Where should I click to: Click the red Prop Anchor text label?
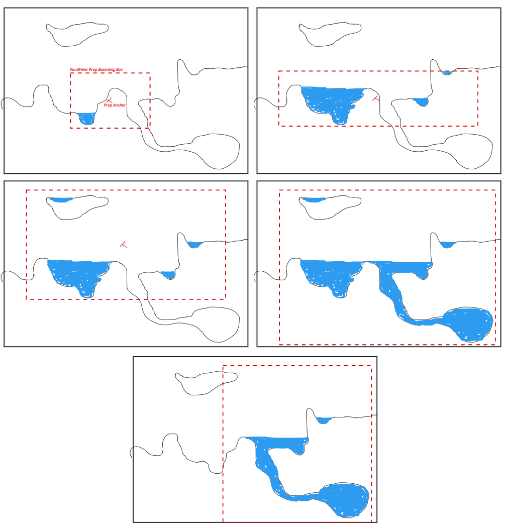click(115, 105)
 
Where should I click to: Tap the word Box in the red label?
click(119, 69)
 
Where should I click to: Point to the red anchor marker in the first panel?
click(109, 100)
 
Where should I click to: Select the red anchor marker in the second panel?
click(375, 98)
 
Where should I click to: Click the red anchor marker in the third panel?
click(124, 245)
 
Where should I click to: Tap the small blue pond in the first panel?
click(86, 118)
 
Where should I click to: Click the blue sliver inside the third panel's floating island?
click(60, 199)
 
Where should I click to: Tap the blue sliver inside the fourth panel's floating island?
click(313, 199)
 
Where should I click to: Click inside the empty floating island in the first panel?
click(75, 34)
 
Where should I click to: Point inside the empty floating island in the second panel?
click(329, 34)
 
